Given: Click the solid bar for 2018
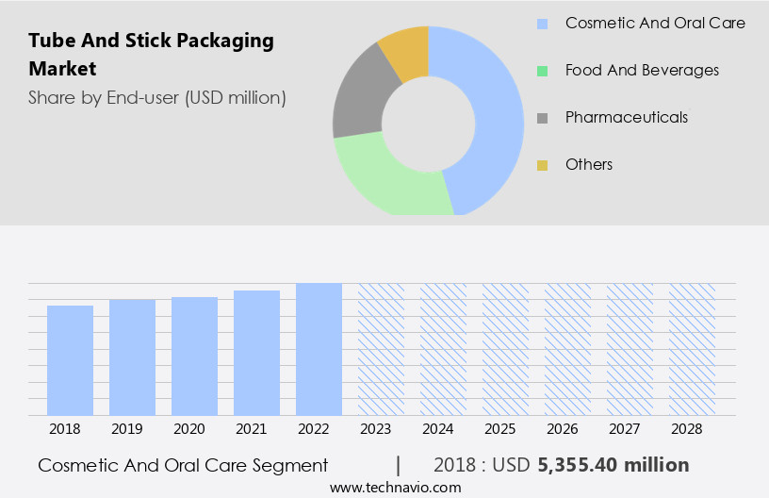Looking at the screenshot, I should (71, 360).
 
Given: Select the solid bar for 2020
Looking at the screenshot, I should (195, 357).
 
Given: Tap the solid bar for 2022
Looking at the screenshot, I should (319, 349).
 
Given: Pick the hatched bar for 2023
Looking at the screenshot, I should (381, 349).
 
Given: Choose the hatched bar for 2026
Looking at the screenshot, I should (567, 349).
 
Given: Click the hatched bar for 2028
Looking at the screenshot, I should (692, 349).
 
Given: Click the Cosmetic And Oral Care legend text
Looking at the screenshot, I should (655, 23).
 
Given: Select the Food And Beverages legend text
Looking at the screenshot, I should (642, 70).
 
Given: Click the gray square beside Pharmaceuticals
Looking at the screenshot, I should (543, 118).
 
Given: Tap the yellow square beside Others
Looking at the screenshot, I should (543, 165).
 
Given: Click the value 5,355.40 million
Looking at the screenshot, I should (613, 465).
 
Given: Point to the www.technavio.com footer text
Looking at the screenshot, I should (395, 488).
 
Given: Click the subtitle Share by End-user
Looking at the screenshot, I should (157, 97).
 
